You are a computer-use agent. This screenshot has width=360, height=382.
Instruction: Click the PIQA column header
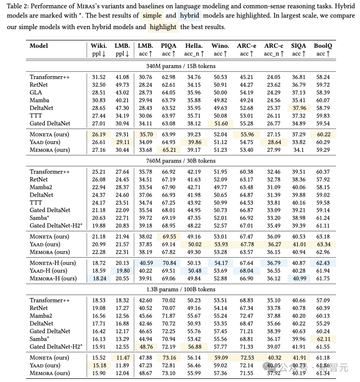(169, 46)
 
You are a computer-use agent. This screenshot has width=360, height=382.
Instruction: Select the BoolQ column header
(323, 46)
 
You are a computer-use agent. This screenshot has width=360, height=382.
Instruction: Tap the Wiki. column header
(99, 46)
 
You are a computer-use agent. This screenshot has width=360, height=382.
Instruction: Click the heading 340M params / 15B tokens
(181, 66)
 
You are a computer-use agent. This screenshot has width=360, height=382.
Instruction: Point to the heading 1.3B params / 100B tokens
(181, 289)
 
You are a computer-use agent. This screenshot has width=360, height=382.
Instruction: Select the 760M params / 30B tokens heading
(181, 161)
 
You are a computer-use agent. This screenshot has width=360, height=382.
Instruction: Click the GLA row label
(36, 92)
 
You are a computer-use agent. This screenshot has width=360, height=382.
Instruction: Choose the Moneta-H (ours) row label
(53, 263)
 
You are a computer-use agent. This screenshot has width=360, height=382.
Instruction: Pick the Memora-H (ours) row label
(53, 278)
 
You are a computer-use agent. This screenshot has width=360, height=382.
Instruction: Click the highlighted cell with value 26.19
(99, 134)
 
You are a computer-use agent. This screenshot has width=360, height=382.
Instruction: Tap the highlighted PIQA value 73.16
(169, 358)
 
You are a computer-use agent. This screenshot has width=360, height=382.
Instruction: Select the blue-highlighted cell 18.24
(99, 278)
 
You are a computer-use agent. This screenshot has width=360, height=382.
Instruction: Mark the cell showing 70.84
(169, 263)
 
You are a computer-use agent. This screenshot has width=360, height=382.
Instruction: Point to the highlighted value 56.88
(194, 347)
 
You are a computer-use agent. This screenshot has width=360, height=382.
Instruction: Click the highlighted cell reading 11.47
(122, 358)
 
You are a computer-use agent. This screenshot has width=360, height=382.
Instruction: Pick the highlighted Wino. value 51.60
(220, 123)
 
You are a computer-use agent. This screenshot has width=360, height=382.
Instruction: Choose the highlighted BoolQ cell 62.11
(323, 339)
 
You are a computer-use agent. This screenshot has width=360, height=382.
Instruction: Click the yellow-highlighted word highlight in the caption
(163, 27)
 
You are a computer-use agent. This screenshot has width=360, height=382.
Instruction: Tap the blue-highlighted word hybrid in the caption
(190, 15)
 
